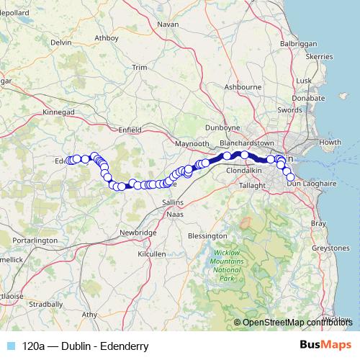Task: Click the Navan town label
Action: [167, 24]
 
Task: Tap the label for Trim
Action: [140, 68]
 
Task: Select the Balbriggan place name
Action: [298, 44]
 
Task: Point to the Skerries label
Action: [318, 55]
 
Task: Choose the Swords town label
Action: [289, 110]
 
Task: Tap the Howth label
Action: [330, 142]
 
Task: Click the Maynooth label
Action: [191, 144]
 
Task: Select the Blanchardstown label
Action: [248, 143]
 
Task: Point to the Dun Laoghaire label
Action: [312, 184]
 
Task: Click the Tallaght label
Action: [252, 185]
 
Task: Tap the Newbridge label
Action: [138, 233]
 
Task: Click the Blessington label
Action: [207, 235]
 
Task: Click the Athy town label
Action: [89, 315]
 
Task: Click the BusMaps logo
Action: [325, 346]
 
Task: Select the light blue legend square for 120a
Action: [12, 346]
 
